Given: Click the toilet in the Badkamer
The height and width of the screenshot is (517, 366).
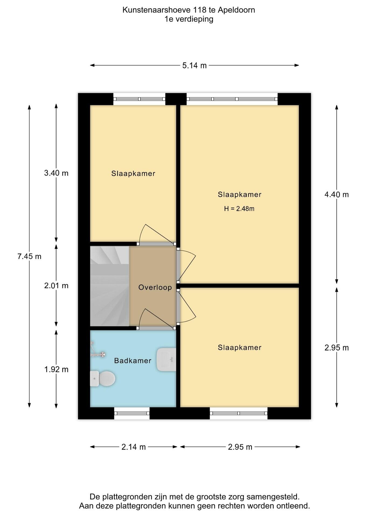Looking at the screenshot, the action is [x=102, y=379].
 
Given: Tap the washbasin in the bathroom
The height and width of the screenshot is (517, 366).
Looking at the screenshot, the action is [x=166, y=359].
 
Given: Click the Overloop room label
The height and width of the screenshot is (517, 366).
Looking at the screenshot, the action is [x=155, y=287].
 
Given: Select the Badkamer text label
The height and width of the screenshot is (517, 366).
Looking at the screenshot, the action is [x=133, y=361].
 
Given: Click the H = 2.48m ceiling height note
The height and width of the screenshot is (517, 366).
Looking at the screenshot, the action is [x=239, y=208].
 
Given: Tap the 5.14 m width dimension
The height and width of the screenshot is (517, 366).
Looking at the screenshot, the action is [x=194, y=65].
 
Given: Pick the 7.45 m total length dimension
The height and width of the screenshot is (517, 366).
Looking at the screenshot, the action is [x=29, y=256].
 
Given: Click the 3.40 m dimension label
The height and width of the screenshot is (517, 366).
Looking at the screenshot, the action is [x=56, y=173].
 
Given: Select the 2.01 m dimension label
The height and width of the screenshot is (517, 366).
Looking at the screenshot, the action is [x=56, y=285].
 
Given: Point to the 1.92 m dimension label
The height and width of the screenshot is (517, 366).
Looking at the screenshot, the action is [x=56, y=369].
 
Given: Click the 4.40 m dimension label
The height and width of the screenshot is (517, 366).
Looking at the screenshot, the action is [x=337, y=194].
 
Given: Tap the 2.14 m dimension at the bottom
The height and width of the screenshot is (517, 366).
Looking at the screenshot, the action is [x=133, y=447].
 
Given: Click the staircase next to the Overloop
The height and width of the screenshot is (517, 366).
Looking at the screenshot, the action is [x=110, y=286].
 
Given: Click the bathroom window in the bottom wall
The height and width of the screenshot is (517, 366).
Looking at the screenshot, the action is [x=132, y=413].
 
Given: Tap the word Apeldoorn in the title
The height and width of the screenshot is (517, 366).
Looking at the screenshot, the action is [x=236, y=10].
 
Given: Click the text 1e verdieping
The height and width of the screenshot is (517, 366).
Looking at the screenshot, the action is [x=189, y=19].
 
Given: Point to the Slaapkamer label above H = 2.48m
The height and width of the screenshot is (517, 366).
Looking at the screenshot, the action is [x=240, y=194].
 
